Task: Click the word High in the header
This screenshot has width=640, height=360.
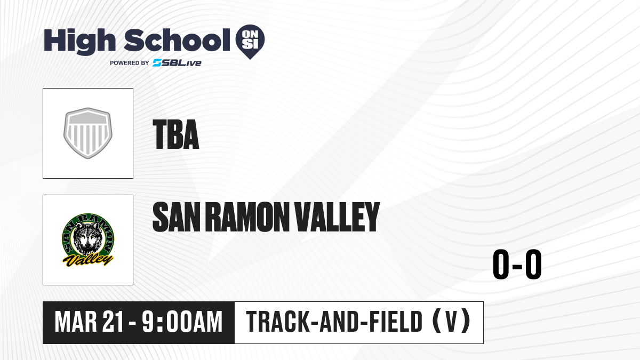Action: [x=79, y=41]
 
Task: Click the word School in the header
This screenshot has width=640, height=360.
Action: [x=177, y=40]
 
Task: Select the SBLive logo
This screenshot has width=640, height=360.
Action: [x=177, y=63]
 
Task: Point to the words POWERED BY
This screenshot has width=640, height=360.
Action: [x=130, y=63]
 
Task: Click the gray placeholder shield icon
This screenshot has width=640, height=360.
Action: [x=88, y=133]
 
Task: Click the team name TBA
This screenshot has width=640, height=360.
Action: [x=175, y=134]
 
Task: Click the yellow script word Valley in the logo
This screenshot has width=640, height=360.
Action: [x=87, y=260]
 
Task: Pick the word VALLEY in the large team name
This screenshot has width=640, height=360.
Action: [x=337, y=217]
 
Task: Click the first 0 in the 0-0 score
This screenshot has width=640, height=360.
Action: [x=501, y=265]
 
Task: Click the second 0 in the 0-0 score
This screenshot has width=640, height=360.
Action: [x=533, y=265]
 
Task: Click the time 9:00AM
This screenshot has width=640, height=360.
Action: [x=182, y=322]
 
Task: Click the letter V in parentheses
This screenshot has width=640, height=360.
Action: [x=451, y=322]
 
